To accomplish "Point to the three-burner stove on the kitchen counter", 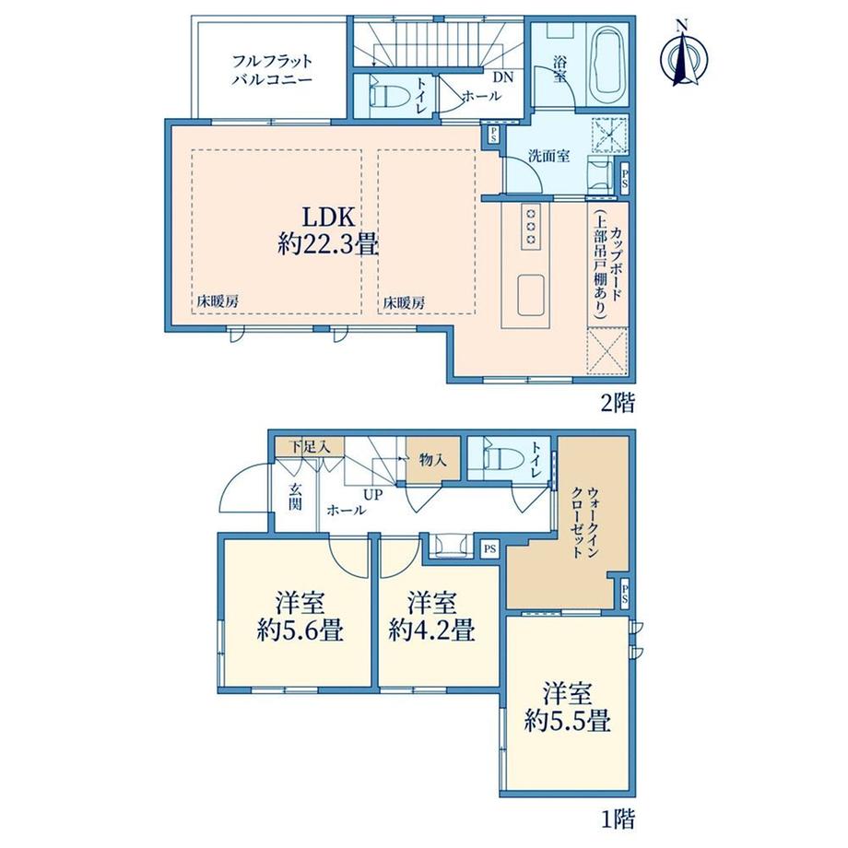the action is pos(531,227).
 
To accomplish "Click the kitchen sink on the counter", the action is pos(531,295).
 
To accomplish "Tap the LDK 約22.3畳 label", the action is pos(328,231).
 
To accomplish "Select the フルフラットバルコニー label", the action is pos(272,70).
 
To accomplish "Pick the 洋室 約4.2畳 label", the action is pos(431,617).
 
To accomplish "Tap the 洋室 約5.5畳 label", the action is pos(567,707).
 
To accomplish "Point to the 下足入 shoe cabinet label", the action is pos(309,447).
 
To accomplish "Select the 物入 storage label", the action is pos(432,461).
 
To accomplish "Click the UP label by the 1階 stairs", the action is pos(372,494).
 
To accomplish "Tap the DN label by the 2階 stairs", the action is pos(503,77).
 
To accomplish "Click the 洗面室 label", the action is pos(548,157).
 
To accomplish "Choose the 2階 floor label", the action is pos(618,403).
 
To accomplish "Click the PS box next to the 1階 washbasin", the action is pos(490,549).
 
